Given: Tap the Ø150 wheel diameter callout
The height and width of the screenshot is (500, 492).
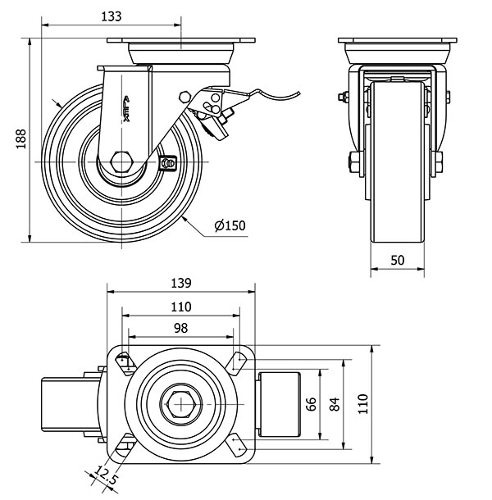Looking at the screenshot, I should pyautogui.click(x=230, y=226).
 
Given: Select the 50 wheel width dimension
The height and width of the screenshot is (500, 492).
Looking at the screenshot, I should pyautogui.click(x=398, y=260).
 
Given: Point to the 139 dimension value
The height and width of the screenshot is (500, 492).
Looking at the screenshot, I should pyautogui.click(x=180, y=284).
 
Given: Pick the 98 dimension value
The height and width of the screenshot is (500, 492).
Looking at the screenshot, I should pyautogui.click(x=180, y=327).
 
